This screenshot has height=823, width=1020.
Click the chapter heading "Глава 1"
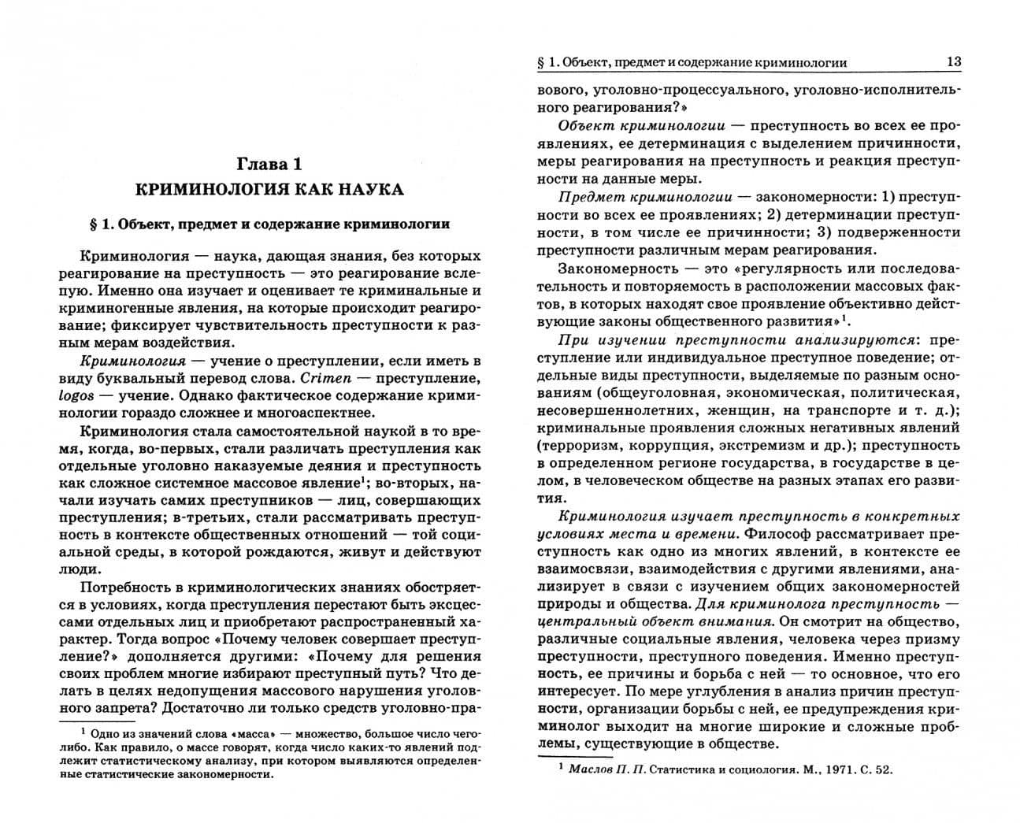coord(269,164)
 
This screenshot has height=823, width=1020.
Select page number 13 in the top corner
coord(953,62)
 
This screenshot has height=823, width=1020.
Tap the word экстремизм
coord(780,445)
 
